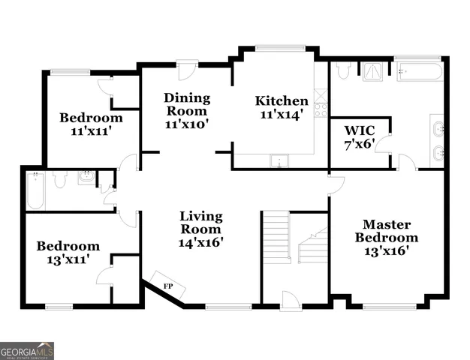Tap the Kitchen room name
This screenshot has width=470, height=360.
282,100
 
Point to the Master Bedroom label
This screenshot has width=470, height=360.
386,231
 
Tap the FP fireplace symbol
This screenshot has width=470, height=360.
167,286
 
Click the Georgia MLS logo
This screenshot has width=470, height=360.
27,350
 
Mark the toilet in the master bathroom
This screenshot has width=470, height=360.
343,70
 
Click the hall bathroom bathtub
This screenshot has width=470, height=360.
35,192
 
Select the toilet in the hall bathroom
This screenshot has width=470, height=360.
62,179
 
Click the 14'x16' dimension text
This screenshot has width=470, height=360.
200,242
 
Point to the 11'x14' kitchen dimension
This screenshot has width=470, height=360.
282,115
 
